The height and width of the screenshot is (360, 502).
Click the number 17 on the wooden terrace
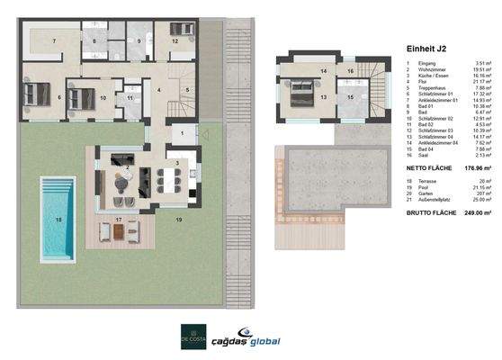pos(119,220)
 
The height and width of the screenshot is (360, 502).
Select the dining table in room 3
pos(172,178)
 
